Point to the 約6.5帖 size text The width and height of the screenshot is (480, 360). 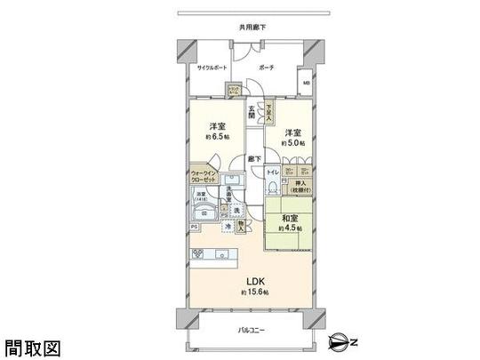point(216,137)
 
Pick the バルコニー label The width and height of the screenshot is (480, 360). point(251,330)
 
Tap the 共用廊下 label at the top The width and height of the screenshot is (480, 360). point(252,27)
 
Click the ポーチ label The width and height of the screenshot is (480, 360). point(267,67)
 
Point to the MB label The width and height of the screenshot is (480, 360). point(307,84)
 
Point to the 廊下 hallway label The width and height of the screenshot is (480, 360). point(254,160)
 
